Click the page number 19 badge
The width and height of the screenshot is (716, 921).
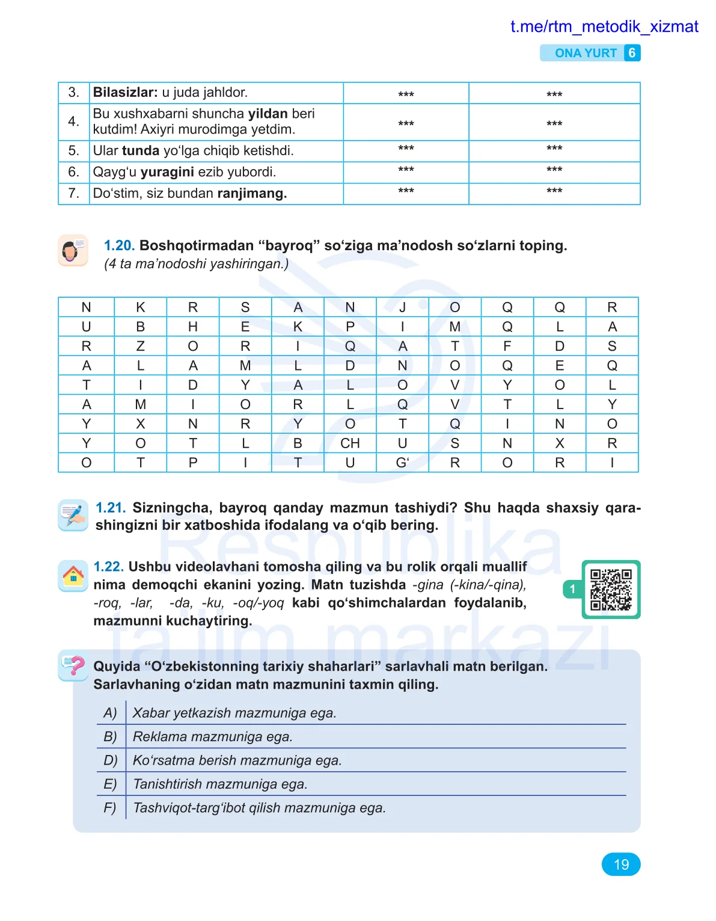coord(620,864)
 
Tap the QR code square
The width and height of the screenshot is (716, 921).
coord(611,590)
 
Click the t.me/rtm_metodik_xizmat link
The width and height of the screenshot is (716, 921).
coord(604,26)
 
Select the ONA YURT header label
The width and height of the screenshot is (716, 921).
coord(586,53)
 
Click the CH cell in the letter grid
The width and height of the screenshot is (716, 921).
coord(350,443)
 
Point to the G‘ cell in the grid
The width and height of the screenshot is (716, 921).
coord(402,463)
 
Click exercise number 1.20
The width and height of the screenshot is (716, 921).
coord(119,245)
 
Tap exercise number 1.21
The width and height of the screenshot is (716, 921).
coord(111,508)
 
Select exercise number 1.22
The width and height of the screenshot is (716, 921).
coord(109,567)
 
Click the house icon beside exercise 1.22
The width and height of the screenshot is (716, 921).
coord(73,576)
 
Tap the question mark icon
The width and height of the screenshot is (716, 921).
coord(73,665)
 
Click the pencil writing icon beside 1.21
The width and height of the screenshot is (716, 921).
coord(73,515)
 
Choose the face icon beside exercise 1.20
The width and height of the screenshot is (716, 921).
coord(73,250)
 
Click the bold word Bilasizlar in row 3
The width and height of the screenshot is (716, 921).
coord(125,93)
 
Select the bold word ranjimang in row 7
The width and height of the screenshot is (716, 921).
coord(252,194)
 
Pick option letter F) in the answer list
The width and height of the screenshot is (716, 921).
coord(110,808)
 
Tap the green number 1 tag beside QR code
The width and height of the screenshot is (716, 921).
coord(572,589)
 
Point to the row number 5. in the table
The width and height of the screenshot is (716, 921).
coord(73,151)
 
